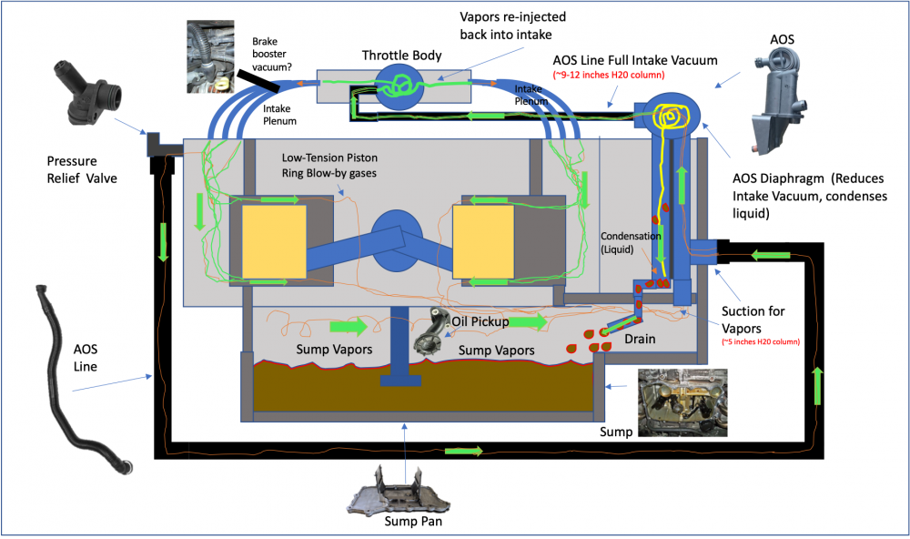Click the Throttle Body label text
401,56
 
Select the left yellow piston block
274,240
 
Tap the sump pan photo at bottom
400,493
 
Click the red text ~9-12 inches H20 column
610,74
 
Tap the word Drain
642,340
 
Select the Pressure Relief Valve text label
83,170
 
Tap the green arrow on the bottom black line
463,452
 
